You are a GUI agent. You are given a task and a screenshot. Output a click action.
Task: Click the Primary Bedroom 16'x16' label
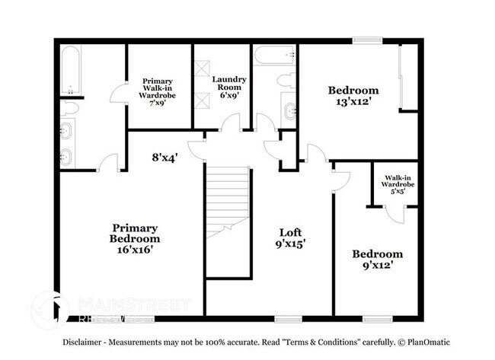coord(135,238)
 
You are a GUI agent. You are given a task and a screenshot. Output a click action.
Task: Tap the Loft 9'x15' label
coord(291,238)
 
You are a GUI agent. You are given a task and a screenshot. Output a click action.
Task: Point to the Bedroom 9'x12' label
coord(377,260)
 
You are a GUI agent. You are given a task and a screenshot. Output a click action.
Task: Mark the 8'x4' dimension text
coord(164,158)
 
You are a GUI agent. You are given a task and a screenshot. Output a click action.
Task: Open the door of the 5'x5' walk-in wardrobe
coord(395,212)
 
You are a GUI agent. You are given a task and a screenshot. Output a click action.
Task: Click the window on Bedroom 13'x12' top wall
coord(367,40)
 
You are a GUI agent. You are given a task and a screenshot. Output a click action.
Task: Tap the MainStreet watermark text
coord(134,304)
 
